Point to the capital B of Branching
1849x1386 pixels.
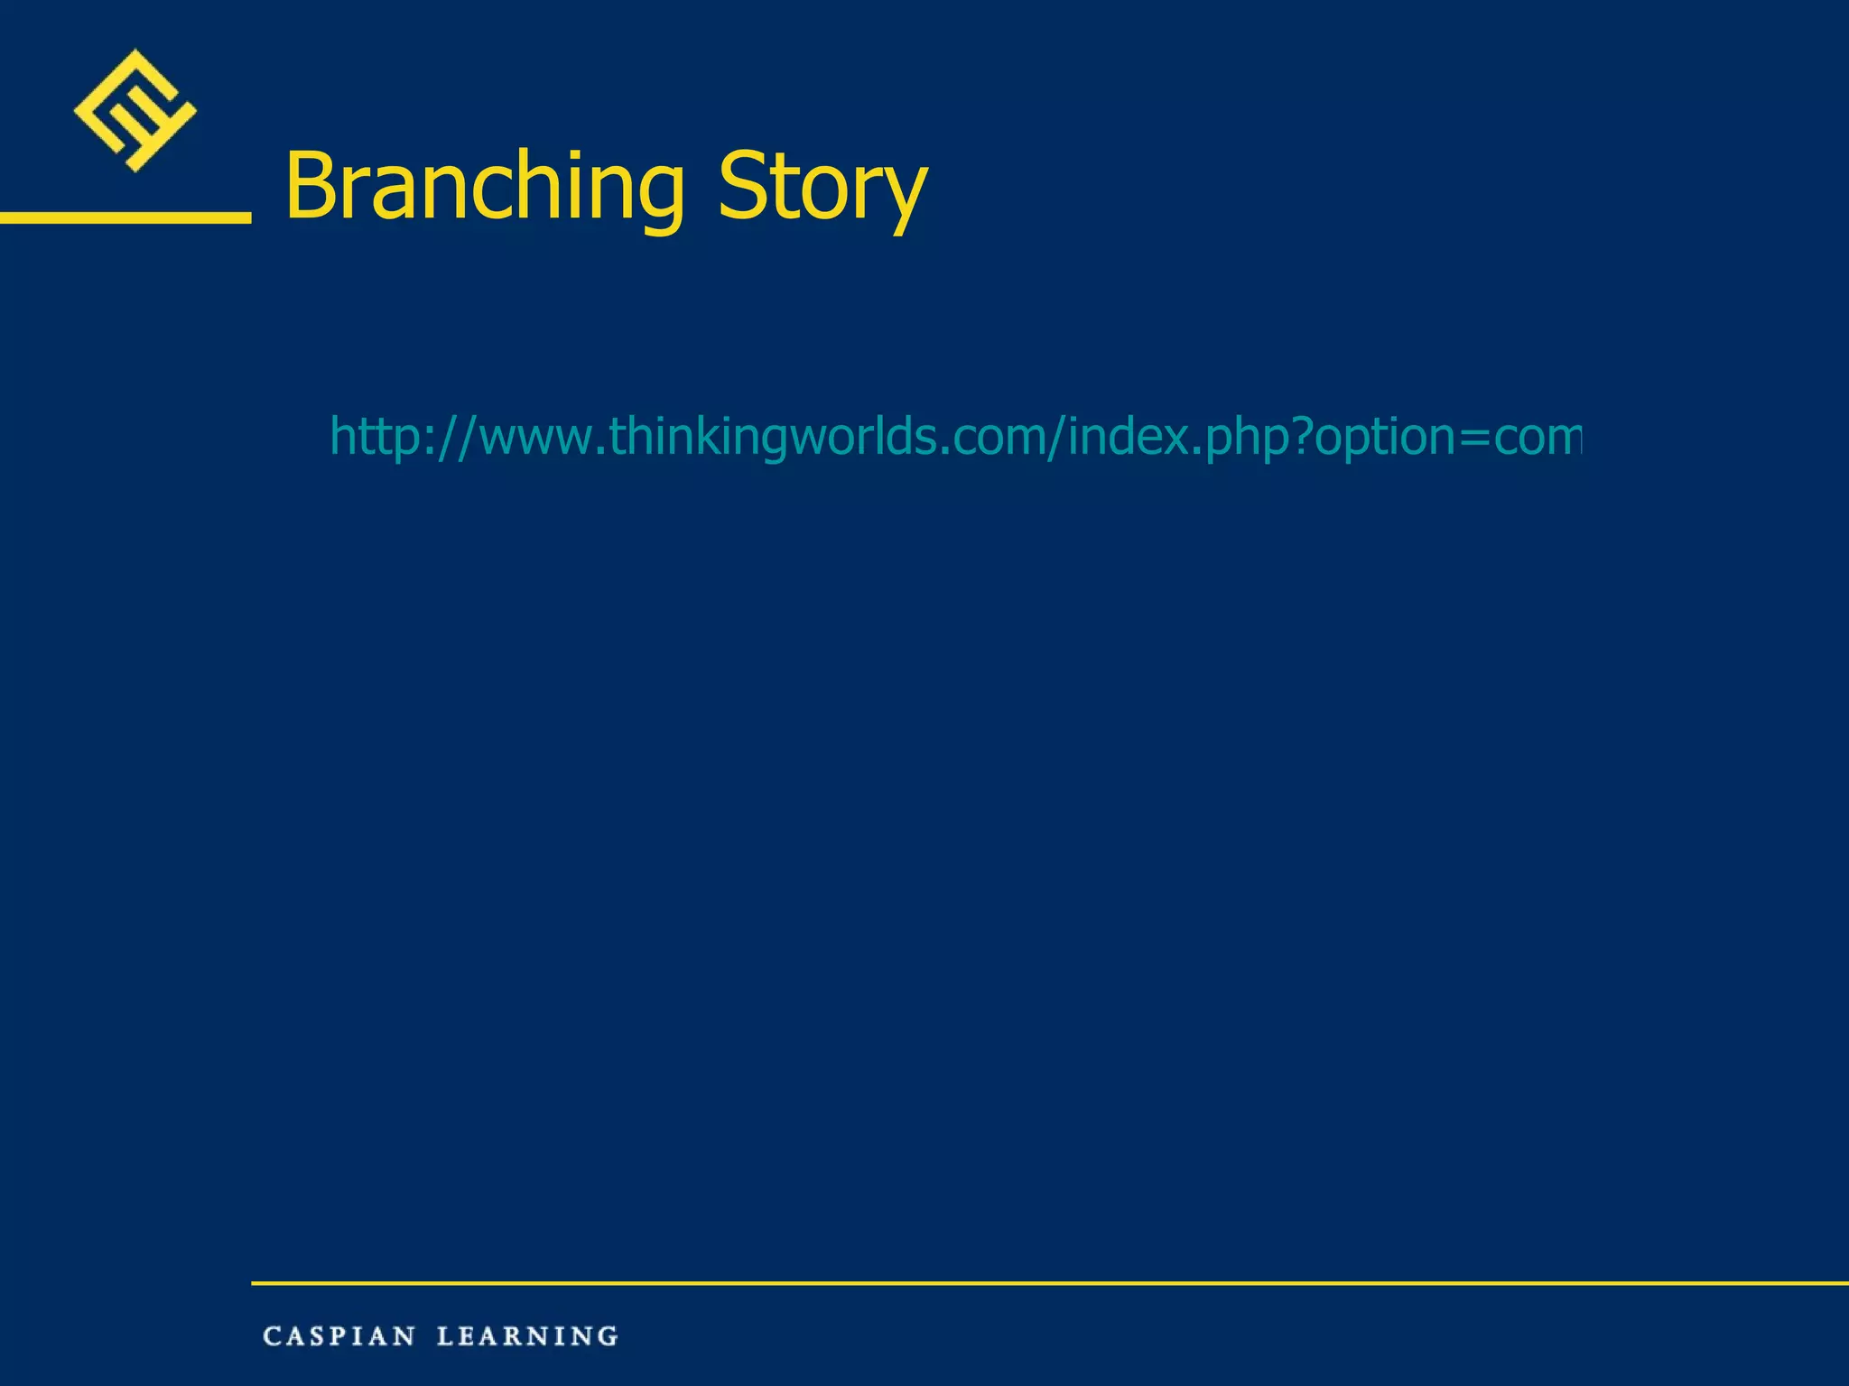[311, 185]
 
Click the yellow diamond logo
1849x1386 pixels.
[135, 110]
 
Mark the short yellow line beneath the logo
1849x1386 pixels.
[125, 217]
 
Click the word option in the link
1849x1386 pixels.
[1386, 438]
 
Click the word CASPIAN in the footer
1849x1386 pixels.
[339, 1336]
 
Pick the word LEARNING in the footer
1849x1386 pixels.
[527, 1336]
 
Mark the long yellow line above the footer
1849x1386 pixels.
[1047, 1282]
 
